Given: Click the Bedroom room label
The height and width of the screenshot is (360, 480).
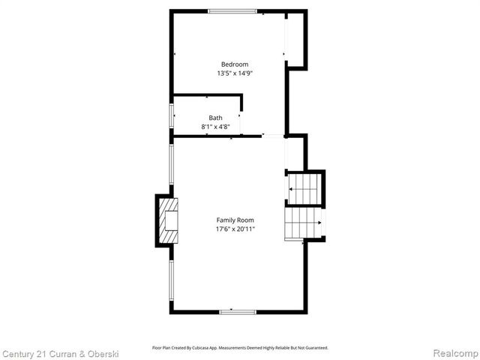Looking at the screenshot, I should [x=234, y=64].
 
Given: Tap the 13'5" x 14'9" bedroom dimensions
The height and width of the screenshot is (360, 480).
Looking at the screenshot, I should [x=234, y=73].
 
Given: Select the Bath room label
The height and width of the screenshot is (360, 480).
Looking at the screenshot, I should [x=215, y=118].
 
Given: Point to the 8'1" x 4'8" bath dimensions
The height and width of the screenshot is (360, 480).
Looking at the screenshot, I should [x=215, y=127].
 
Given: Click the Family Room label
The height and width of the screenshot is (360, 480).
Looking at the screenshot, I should [x=234, y=220].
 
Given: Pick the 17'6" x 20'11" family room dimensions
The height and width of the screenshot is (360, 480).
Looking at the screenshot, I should [x=234, y=229].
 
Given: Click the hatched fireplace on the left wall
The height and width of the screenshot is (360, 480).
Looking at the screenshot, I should [x=169, y=220].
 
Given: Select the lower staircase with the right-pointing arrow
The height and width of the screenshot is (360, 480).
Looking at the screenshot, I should [x=303, y=223].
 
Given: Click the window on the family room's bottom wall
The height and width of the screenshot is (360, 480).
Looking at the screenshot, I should [x=238, y=311].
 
